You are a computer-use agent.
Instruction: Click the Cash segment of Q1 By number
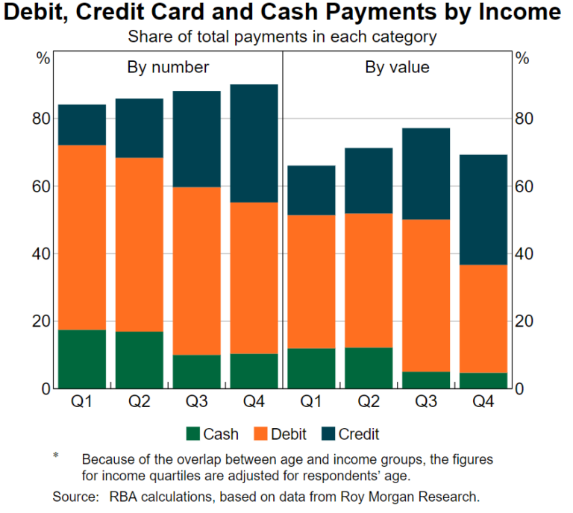(83, 359)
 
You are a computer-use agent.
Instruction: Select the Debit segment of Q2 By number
(140, 245)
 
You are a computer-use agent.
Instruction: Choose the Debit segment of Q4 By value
(483, 318)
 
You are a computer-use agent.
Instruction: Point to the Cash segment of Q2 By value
(369, 368)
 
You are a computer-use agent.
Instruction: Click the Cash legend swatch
(192, 433)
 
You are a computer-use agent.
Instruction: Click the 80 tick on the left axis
(42, 119)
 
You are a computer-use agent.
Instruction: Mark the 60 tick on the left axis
(42, 186)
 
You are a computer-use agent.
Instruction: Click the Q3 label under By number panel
(197, 403)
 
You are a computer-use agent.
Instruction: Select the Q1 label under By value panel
(312, 403)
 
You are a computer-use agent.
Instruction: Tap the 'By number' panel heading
(167, 67)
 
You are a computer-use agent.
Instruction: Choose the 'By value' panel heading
(397, 67)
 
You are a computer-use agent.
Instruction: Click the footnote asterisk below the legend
(56, 455)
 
